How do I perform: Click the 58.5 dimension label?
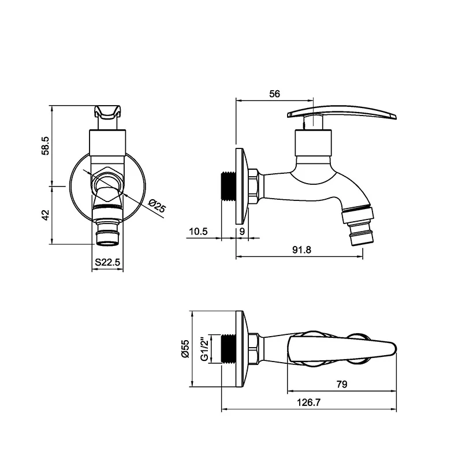(x=46, y=145)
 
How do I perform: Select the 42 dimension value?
(x=46, y=214)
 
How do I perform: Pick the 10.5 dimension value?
(x=198, y=232)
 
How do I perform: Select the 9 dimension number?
(x=242, y=232)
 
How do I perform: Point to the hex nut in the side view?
(x=253, y=187)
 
